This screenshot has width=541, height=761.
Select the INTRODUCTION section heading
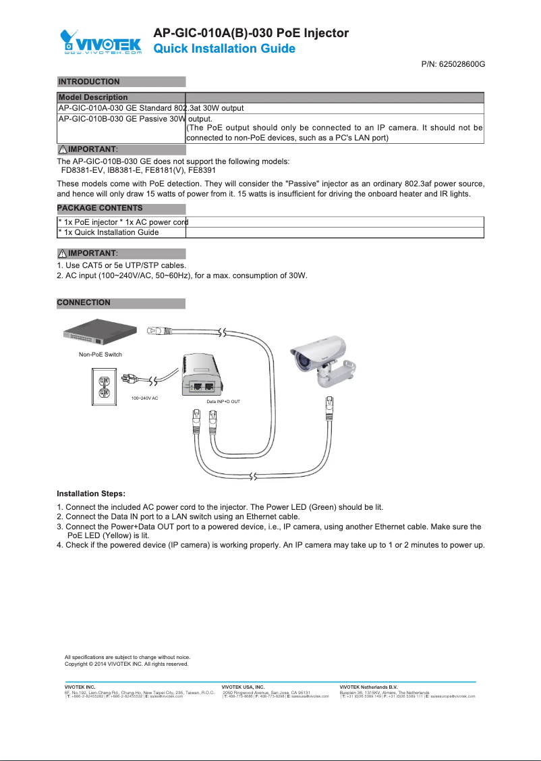[90, 82]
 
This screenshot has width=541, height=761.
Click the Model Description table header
[93, 97]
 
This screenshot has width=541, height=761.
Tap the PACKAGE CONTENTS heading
[100, 207]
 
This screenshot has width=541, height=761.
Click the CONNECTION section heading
[84, 303]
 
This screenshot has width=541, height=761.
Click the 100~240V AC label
[144, 398]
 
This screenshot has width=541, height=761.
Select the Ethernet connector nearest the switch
[163, 331]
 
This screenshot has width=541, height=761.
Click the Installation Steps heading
[91, 494]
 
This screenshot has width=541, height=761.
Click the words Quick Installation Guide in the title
[225, 49]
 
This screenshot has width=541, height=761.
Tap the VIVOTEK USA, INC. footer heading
[243, 687]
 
